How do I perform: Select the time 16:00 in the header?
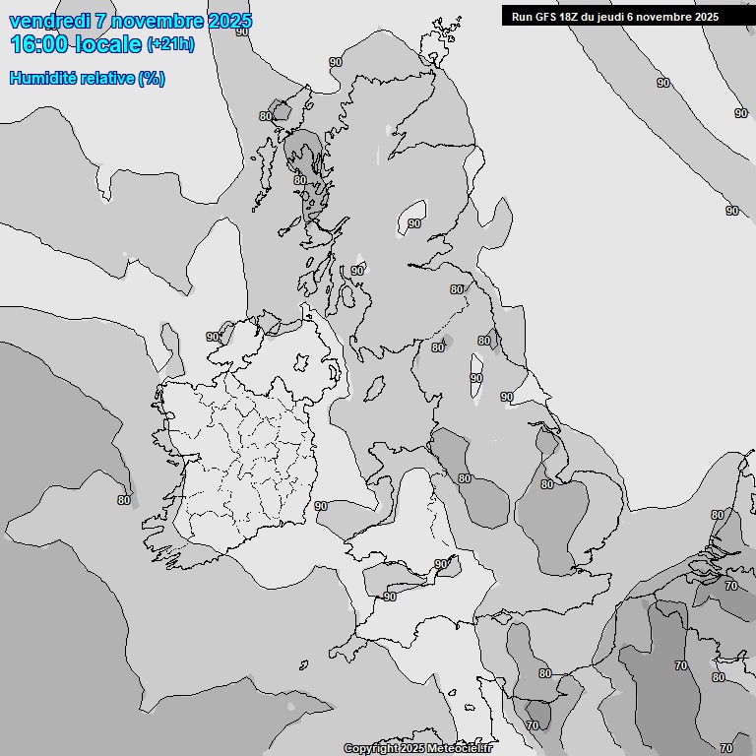point(40,43)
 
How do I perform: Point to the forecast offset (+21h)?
point(170,44)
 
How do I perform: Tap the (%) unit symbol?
point(152,78)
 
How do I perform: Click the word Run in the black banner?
point(522,17)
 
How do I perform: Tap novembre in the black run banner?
point(668,17)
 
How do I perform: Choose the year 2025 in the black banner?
point(706,17)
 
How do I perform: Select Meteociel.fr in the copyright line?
point(461,749)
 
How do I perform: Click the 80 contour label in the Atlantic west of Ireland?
point(124,500)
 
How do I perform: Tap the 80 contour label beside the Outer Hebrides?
point(266,116)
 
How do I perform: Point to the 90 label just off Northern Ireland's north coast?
point(213,337)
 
